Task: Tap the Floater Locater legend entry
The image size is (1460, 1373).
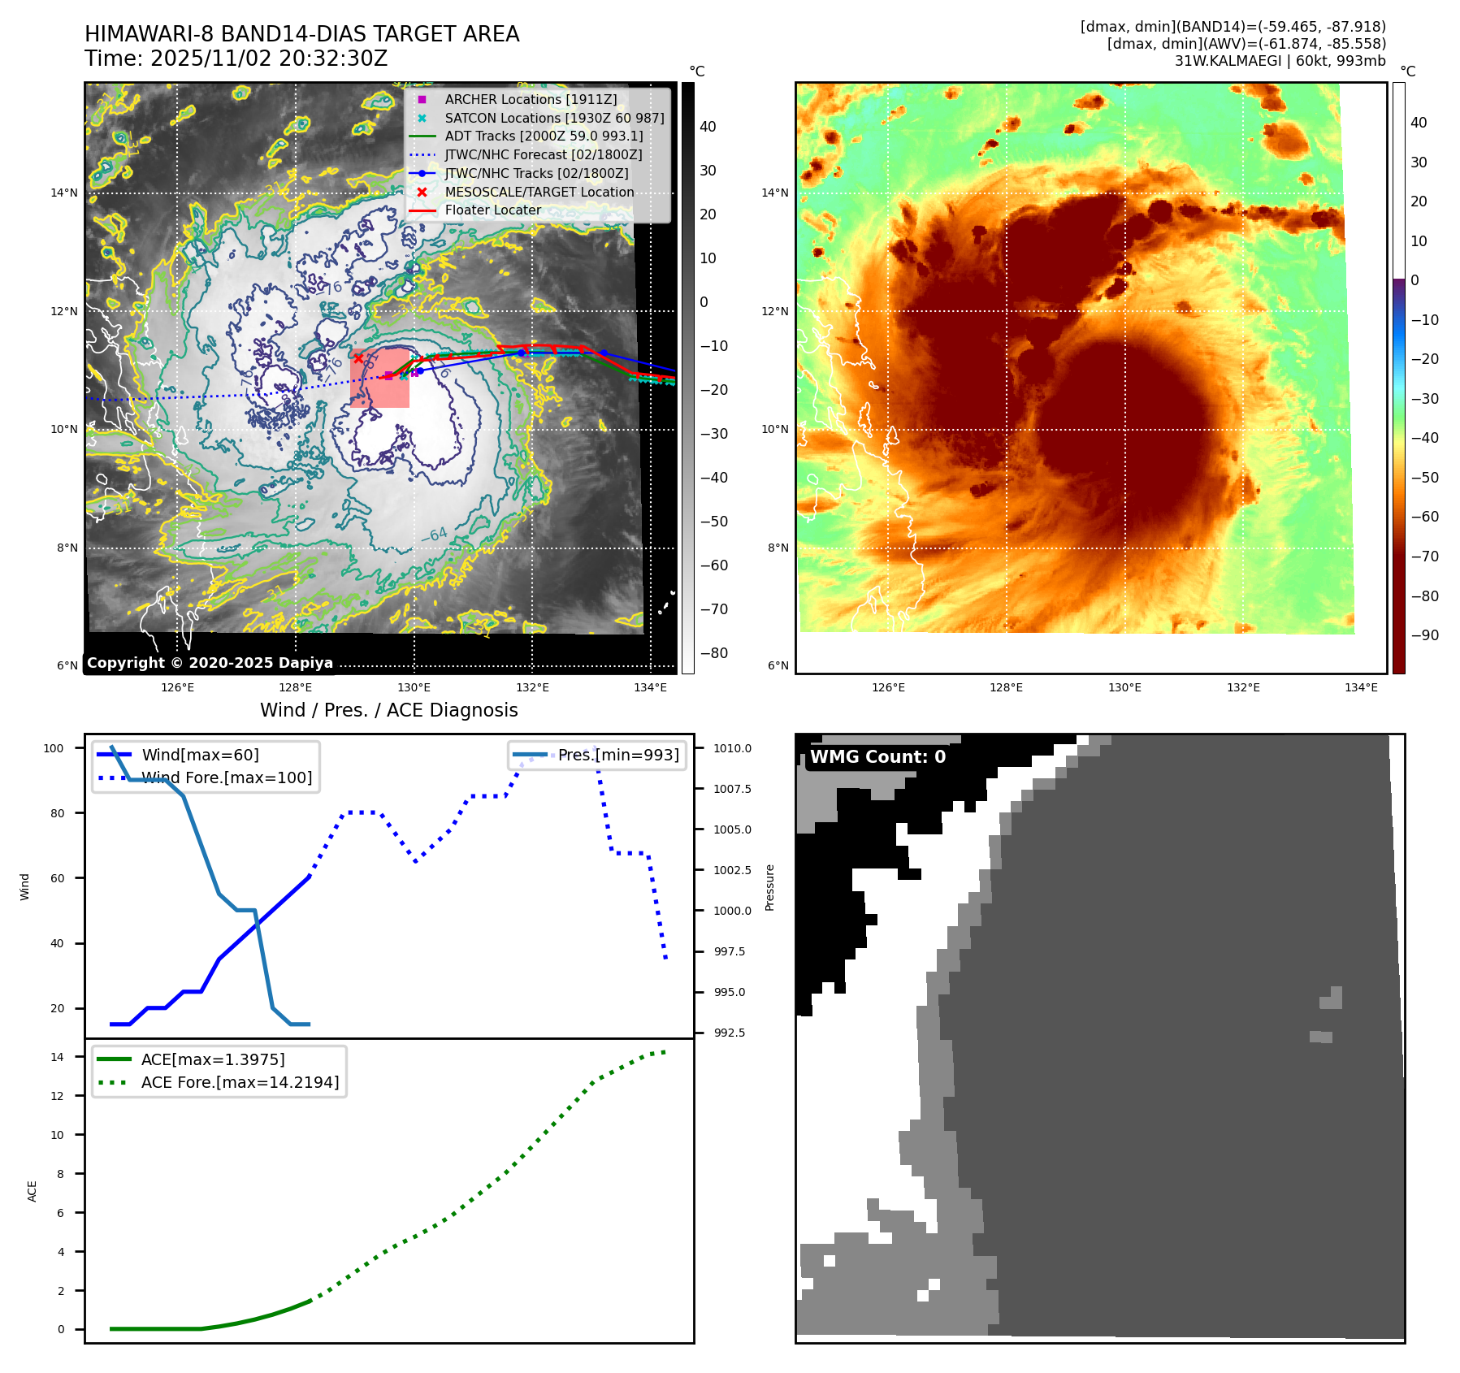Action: click(x=492, y=210)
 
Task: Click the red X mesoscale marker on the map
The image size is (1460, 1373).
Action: click(x=358, y=357)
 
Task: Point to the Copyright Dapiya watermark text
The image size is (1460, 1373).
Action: click(x=210, y=663)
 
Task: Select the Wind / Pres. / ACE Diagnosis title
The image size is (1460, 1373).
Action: click(x=388, y=710)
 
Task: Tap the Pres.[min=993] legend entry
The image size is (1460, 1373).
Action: click(x=618, y=755)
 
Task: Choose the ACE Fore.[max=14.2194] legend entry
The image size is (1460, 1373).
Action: click(x=240, y=1082)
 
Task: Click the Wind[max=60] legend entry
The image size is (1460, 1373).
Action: click(x=200, y=755)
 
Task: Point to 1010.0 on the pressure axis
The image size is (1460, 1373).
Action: click(x=732, y=748)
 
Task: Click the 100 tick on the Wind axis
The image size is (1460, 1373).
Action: click(x=54, y=748)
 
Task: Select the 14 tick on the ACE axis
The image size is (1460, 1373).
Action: click(x=57, y=1057)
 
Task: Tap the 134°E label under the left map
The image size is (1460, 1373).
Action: click(x=650, y=687)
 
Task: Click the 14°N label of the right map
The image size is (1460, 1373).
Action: click(x=774, y=193)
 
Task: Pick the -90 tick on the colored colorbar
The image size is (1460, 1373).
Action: click(x=1424, y=635)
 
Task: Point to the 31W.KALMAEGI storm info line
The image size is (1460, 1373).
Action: click(x=1280, y=61)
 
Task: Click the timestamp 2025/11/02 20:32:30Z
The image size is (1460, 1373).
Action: click(x=269, y=58)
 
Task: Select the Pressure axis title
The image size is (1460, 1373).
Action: click(x=769, y=887)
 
